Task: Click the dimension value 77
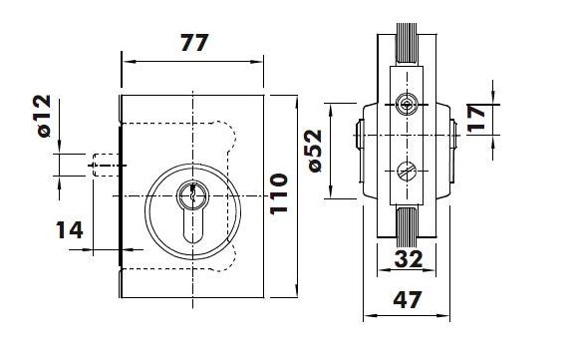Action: coord(194,43)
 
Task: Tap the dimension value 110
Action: coord(279,193)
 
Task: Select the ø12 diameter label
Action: coord(44,116)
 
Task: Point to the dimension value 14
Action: coord(70,230)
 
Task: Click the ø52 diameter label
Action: coord(315,151)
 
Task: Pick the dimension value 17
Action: coord(476,118)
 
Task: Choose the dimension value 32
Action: coord(409,259)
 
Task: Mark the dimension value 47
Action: coord(408,299)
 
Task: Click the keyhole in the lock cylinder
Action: coord(192,213)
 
